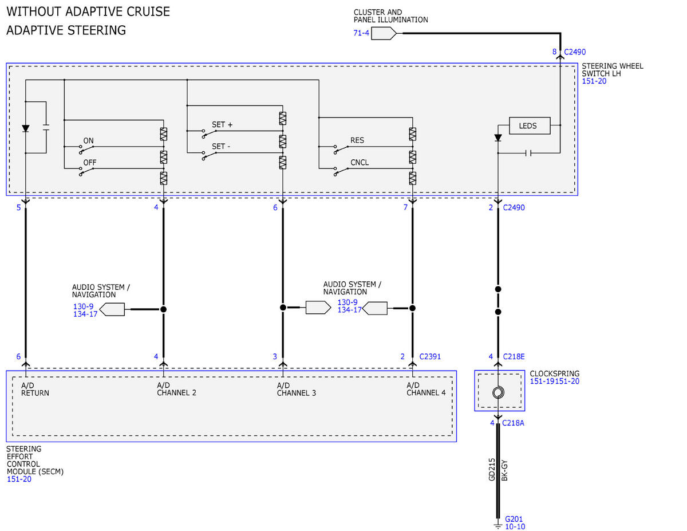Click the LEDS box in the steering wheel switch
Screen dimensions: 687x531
click(x=530, y=125)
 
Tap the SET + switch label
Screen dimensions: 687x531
click(x=222, y=125)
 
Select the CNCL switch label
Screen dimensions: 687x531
click(x=360, y=162)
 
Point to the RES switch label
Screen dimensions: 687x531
click(x=357, y=140)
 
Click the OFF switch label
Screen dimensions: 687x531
click(x=90, y=163)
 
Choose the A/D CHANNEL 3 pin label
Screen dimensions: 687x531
click(x=296, y=389)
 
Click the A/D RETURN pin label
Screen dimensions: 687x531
click(x=35, y=389)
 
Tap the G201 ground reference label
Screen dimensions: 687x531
click(x=514, y=519)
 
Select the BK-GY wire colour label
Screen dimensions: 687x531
click(x=504, y=470)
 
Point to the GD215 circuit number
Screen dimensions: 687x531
click(x=492, y=469)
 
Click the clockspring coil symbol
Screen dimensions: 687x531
click(x=498, y=392)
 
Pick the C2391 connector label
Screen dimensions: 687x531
click(x=429, y=356)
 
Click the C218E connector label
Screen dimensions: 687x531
click(x=514, y=356)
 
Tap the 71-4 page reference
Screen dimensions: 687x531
click(x=361, y=33)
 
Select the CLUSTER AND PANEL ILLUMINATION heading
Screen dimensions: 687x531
click(x=391, y=16)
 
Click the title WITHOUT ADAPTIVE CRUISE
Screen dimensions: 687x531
click(x=88, y=11)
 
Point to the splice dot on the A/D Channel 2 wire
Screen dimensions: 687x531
click(x=164, y=309)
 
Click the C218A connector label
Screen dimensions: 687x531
click(x=513, y=423)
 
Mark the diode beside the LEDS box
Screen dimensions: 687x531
click(x=498, y=138)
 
